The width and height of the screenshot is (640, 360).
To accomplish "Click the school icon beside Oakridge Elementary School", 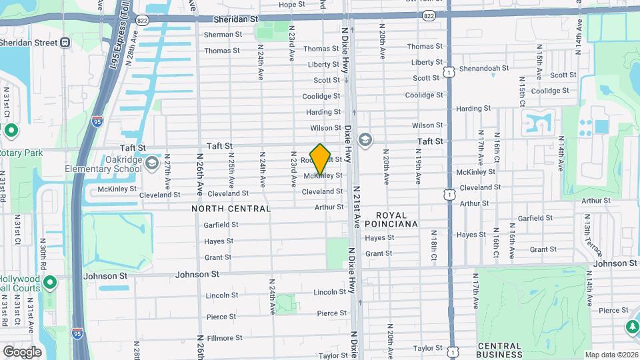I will pos(152,163).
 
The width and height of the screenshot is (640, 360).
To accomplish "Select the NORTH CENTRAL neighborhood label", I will pos(231,209).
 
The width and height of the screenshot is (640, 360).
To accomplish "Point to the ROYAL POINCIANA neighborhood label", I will pos(397,219).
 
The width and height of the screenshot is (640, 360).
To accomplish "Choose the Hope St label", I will pos(291,5).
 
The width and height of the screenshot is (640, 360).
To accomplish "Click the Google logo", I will pos(22,351).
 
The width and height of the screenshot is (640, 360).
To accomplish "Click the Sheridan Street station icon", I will pos(65,43).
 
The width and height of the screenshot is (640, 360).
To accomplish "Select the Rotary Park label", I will pos(20,153).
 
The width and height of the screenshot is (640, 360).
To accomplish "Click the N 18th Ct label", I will pos(433,245).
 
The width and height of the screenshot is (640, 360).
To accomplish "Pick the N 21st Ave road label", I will pos(357,207).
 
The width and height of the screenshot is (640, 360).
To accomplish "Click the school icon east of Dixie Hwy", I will pos(365,140).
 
